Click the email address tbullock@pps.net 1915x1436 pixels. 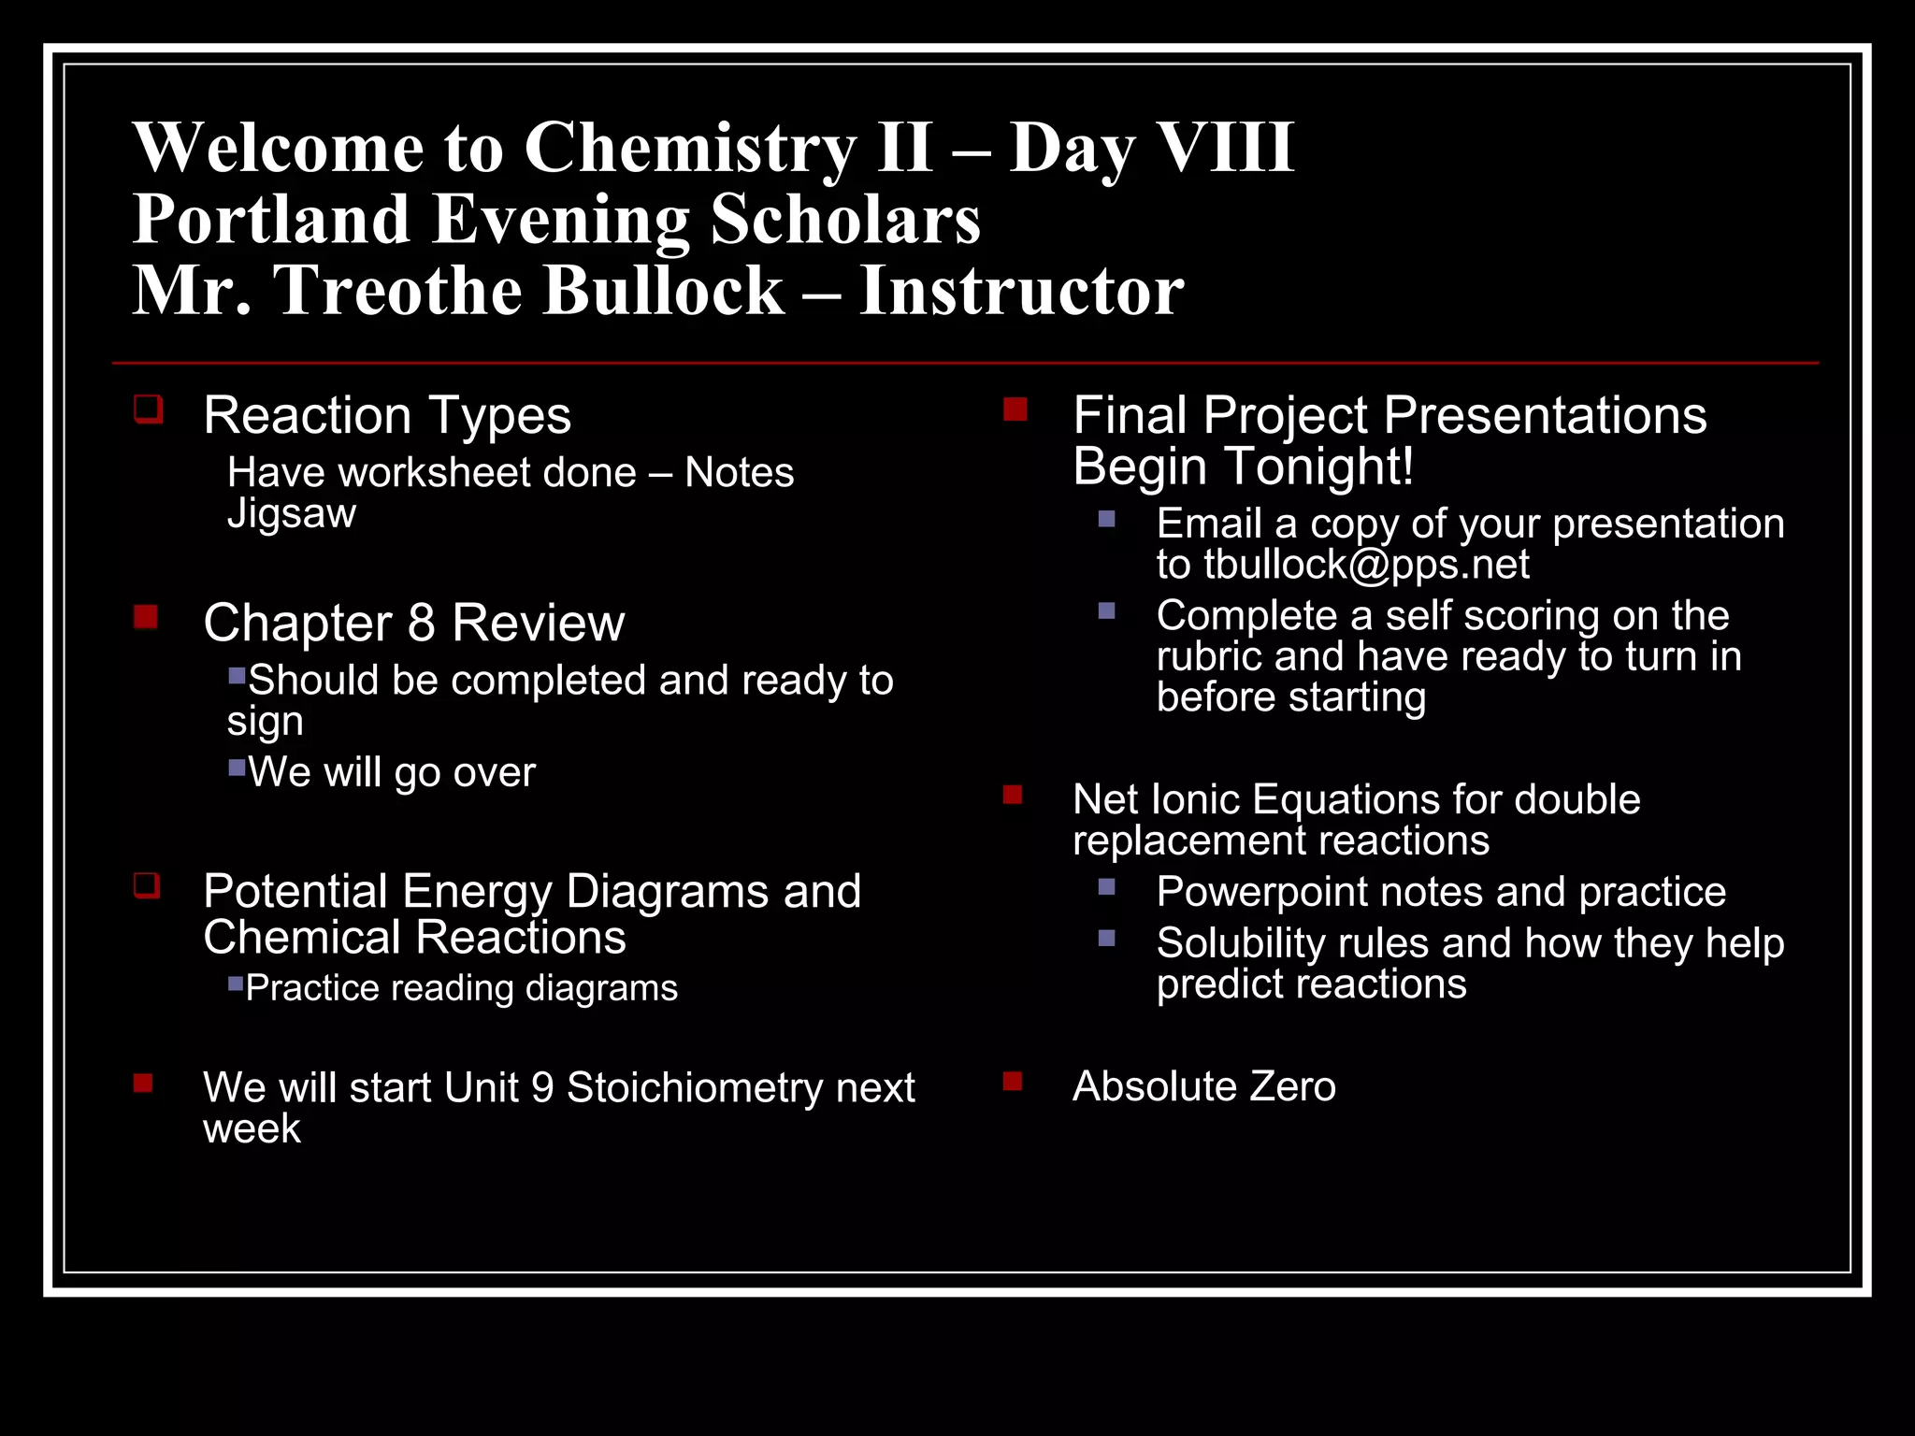click(x=1365, y=565)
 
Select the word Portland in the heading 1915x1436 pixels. click(x=271, y=220)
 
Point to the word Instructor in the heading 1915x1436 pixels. click(x=1021, y=291)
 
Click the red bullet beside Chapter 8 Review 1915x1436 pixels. click(x=146, y=617)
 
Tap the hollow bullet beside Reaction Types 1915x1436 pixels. click(x=148, y=409)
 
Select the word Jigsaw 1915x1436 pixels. click(x=292, y=514)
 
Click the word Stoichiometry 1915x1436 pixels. click(x=694, y=1087)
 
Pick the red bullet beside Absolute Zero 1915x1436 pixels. click(x=1013, y=1082)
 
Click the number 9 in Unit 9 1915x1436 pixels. click(x=542, y=1087)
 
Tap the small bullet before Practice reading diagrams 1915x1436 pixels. click(x=236, y=983)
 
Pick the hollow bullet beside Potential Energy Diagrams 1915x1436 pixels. click(x=147, y=884)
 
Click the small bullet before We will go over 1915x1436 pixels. click(x=237, y=768)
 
